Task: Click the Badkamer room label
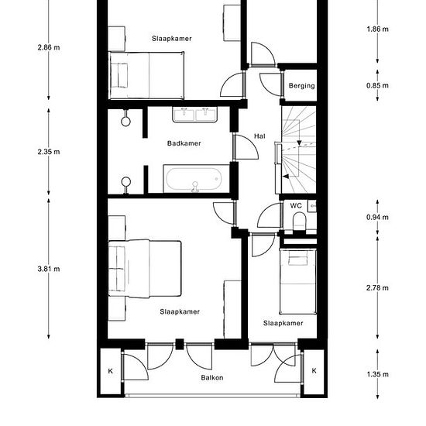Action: click(x=184, y=143)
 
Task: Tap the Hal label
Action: click(x=259, y=136)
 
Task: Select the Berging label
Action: click(x=301, y=86)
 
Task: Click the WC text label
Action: click(x=296, y=205)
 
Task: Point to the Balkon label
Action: click(x=212, y=377)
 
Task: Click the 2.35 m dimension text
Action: click(x=49, y=152)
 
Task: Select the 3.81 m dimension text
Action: click(x=49, y=269)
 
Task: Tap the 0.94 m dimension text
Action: click(x=377, y=217)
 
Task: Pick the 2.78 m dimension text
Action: click(x=377, y=287)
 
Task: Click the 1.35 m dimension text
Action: click(x=377, y=374)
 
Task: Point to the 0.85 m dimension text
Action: click(x=377, y=85)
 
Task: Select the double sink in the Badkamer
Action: click(x=194, y=115)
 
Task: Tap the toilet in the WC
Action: click(x=299, y=221)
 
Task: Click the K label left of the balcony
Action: click(x=110, y=371)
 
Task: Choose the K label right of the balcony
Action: click(x=314, y=370)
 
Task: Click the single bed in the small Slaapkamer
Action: click(x=298, y=281)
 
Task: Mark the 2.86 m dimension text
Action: click(x=49, y=47)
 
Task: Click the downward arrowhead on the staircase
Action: click(x=299, y=143)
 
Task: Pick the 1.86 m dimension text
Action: click(x=377, y=29)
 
